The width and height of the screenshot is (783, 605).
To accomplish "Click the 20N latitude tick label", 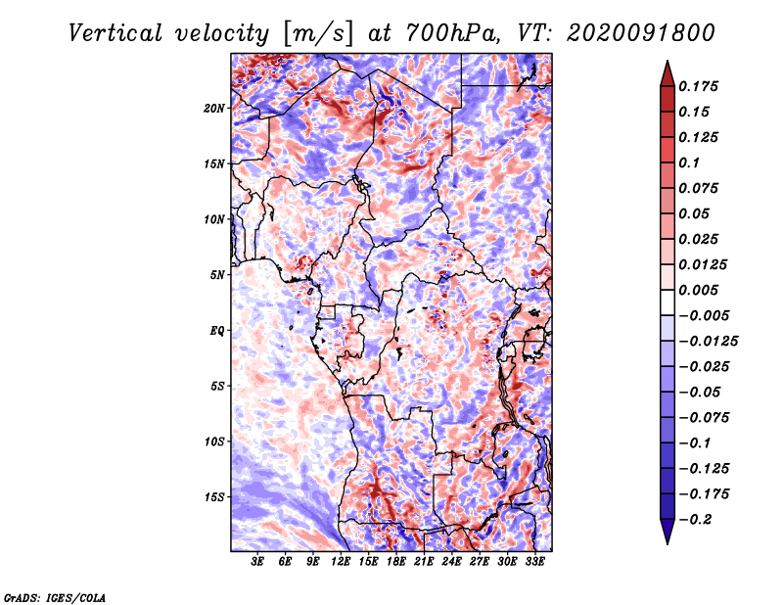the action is (214, 109).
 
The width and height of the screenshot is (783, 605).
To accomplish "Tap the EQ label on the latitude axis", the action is (217, 331).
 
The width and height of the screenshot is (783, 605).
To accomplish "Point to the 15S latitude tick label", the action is (214, 497).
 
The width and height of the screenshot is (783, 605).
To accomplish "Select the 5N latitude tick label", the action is (217, 275).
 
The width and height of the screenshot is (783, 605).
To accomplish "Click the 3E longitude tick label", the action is (257, 562).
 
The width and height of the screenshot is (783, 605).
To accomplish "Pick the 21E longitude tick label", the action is (424, 562).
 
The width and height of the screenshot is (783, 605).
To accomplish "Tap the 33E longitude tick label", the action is (534, 562).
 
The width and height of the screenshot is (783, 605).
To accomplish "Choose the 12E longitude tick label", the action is (341, 562).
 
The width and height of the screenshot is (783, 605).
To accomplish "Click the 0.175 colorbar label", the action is (698, 86).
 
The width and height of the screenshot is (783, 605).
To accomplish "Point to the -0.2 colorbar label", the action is (695, 520).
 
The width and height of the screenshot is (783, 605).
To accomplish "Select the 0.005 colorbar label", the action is (698, 290).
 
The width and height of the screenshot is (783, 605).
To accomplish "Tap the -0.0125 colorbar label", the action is (708, 342).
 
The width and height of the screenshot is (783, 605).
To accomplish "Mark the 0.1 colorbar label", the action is (689, 163).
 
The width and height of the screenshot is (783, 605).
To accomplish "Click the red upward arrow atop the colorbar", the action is (668, 74).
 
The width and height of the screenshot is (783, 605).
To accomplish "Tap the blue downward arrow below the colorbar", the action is (668, 532).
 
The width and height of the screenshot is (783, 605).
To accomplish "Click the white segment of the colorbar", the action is (668, 302).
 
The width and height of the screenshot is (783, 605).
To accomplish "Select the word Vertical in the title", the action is (115, 33).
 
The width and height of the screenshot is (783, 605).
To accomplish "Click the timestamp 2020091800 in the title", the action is (641, 33).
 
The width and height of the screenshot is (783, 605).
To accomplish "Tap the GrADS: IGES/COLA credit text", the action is (55, 597).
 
